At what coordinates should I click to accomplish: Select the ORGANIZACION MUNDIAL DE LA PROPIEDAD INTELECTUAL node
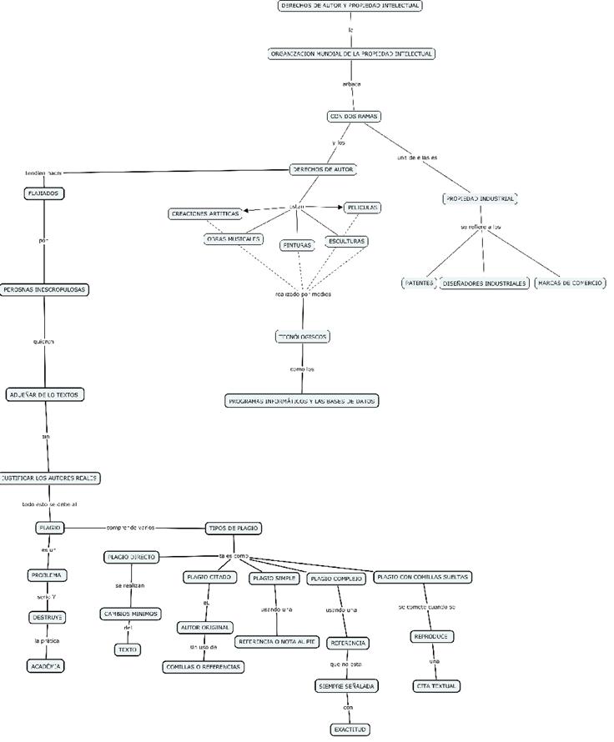[x=351, y=53]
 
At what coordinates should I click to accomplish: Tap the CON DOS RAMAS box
[x=353, y=117]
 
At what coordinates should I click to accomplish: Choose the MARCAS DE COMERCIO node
[x=570, y=283]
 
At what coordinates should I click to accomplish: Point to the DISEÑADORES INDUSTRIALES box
[x=484, y=283]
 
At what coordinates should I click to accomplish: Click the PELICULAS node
[x=362, y=207]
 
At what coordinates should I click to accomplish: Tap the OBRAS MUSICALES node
[x=234, y=239]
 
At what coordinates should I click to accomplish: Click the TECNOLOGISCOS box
[x=302, y=337]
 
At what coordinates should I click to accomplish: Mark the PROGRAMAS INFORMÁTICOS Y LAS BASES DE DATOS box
[x=302, y=401]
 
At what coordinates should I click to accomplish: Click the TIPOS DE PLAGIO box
[x=234, y=528]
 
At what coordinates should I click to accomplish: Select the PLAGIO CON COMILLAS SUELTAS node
[x=423, y=577]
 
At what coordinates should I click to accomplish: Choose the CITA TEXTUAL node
[x=436, y=686]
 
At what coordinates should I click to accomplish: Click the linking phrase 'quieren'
[x=44, y=341]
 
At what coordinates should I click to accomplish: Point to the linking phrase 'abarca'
[x=352, y=84]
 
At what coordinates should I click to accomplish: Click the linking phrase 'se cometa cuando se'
[x=426, y=607]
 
